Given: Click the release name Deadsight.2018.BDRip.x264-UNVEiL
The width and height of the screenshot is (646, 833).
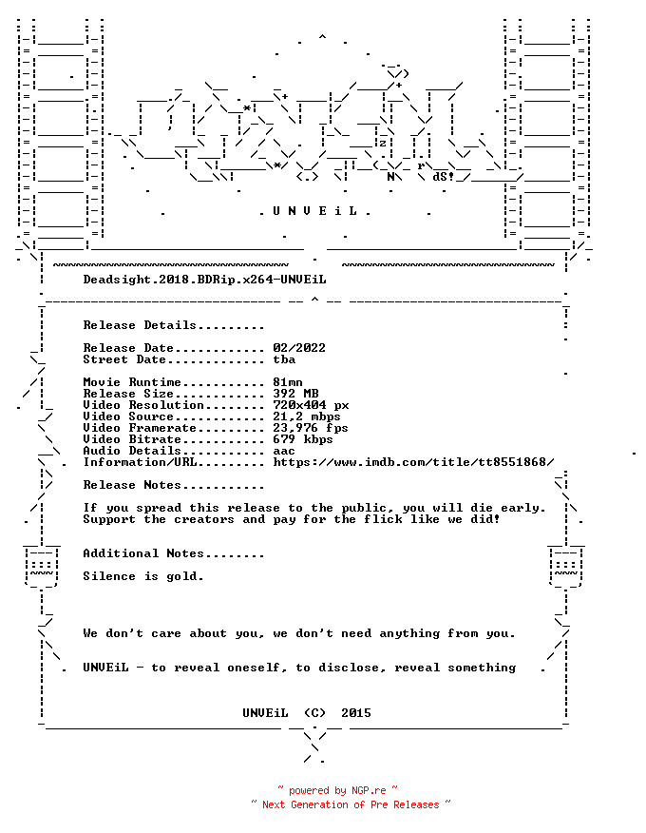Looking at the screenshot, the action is [x=204, y=280].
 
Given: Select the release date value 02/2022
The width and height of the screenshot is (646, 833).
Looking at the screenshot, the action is [x=299, y=348].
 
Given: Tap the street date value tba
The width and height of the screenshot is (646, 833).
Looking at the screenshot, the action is [x=284, y=359].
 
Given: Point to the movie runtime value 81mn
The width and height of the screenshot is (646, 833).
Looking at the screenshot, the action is [x=288, y=382].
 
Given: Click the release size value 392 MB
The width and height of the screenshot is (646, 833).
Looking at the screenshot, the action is [x=295, y=394].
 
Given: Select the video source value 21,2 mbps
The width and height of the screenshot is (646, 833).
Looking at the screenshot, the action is [x=307, y=417].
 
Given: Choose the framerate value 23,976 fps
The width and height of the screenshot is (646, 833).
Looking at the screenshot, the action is [x=311, y=428].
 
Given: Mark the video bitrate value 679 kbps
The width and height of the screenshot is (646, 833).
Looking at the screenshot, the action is [x=303, y=440].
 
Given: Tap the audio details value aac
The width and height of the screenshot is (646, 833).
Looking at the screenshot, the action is [x=284, y=452].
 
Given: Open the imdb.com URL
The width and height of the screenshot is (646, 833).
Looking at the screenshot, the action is [x=413, y=462].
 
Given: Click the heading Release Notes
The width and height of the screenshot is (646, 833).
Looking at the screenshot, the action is [x=132, y=485].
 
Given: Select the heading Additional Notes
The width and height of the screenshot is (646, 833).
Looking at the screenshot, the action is [x=143, y=553].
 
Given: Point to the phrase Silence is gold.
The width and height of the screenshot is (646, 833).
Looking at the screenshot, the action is [x=143, y=576].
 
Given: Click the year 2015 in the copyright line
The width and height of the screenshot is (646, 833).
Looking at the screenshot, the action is [x=356, y=713].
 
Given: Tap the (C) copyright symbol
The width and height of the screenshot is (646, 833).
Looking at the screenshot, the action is [x=314, y=713].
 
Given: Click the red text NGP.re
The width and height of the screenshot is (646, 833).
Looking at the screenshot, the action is [x=369, y=791].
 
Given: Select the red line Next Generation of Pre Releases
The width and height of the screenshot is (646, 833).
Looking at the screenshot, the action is [x=351, y=804].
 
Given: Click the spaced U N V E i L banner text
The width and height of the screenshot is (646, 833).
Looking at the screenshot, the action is [x=314, y=211].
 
